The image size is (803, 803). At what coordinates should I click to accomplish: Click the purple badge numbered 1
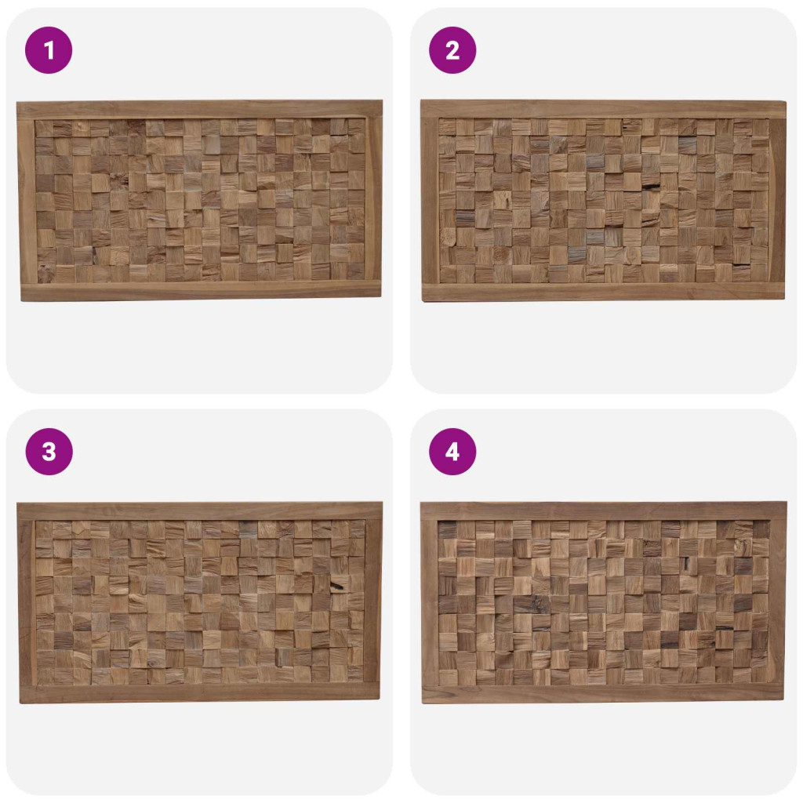click(49, 50)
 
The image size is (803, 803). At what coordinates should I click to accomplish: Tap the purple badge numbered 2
click(452, 50)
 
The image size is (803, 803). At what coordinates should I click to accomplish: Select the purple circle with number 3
click(49, 452)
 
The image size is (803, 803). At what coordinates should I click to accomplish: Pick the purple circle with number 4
click(452, 452)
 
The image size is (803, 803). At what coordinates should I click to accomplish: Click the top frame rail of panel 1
click(200, 110)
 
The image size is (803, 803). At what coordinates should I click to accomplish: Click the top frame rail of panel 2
click(603, 109)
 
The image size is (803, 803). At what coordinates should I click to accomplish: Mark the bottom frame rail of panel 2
click(603, 292)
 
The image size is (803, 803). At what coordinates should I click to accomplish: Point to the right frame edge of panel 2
click(777, 200)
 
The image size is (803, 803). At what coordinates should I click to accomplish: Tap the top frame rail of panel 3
click(200, 511)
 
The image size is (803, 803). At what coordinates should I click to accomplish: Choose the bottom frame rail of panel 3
click(200, 694)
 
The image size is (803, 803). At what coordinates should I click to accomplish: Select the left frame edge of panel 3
click(27, 603)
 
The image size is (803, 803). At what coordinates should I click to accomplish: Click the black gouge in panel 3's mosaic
click(338, 585)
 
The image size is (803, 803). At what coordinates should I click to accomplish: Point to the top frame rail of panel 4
click(603, 511)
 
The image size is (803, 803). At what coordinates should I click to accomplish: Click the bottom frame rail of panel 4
click(603, 694)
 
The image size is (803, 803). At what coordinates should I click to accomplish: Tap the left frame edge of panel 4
click(430, 603)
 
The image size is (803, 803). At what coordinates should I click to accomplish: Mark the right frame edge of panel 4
click(777, 603)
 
